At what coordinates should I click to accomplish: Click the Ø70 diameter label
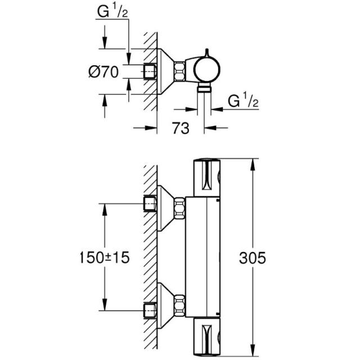pyautogui.click(x=103, y=71)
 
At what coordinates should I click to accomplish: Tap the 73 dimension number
pyautogui.click(x=181, y=128)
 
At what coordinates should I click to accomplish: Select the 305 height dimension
pyautogui.click(x=253, y=258)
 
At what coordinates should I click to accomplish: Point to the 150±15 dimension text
pyautogui.click(x=105, y=258)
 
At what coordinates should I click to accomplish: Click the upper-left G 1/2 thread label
pyautogui.click(x=112, y=12)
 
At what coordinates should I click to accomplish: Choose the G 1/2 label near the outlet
pyautogui.click(x=244, y=101)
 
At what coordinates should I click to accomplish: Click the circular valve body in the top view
pyautogui.click(x=208, y=70)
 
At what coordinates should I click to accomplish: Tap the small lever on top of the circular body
pyautogui.click(x=207, y=53)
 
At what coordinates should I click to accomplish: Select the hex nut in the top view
pyautogui.click(x=179, y=71)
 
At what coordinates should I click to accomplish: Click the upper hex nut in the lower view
pyautogui.click(x=179, y=209)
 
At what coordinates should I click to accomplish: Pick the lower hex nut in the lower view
pyautogui.click(x=179, y=305)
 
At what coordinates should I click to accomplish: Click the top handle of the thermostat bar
pyautogui.click(x=207, y=178)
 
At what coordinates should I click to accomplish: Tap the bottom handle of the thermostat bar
pyautogui.click(x=207, y=337)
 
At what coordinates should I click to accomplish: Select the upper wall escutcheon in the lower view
pyautogui.click(x=165, y=208)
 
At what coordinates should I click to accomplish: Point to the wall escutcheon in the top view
pyautogui.click(x=165, y=71)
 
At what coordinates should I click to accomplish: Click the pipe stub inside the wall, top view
pyautogui.click(x=150, y=71)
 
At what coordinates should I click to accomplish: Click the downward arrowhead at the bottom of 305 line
pyautogui.click(x=253, y=351)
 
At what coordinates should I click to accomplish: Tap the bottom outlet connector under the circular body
pyautogui.click(x=204, y=88)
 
